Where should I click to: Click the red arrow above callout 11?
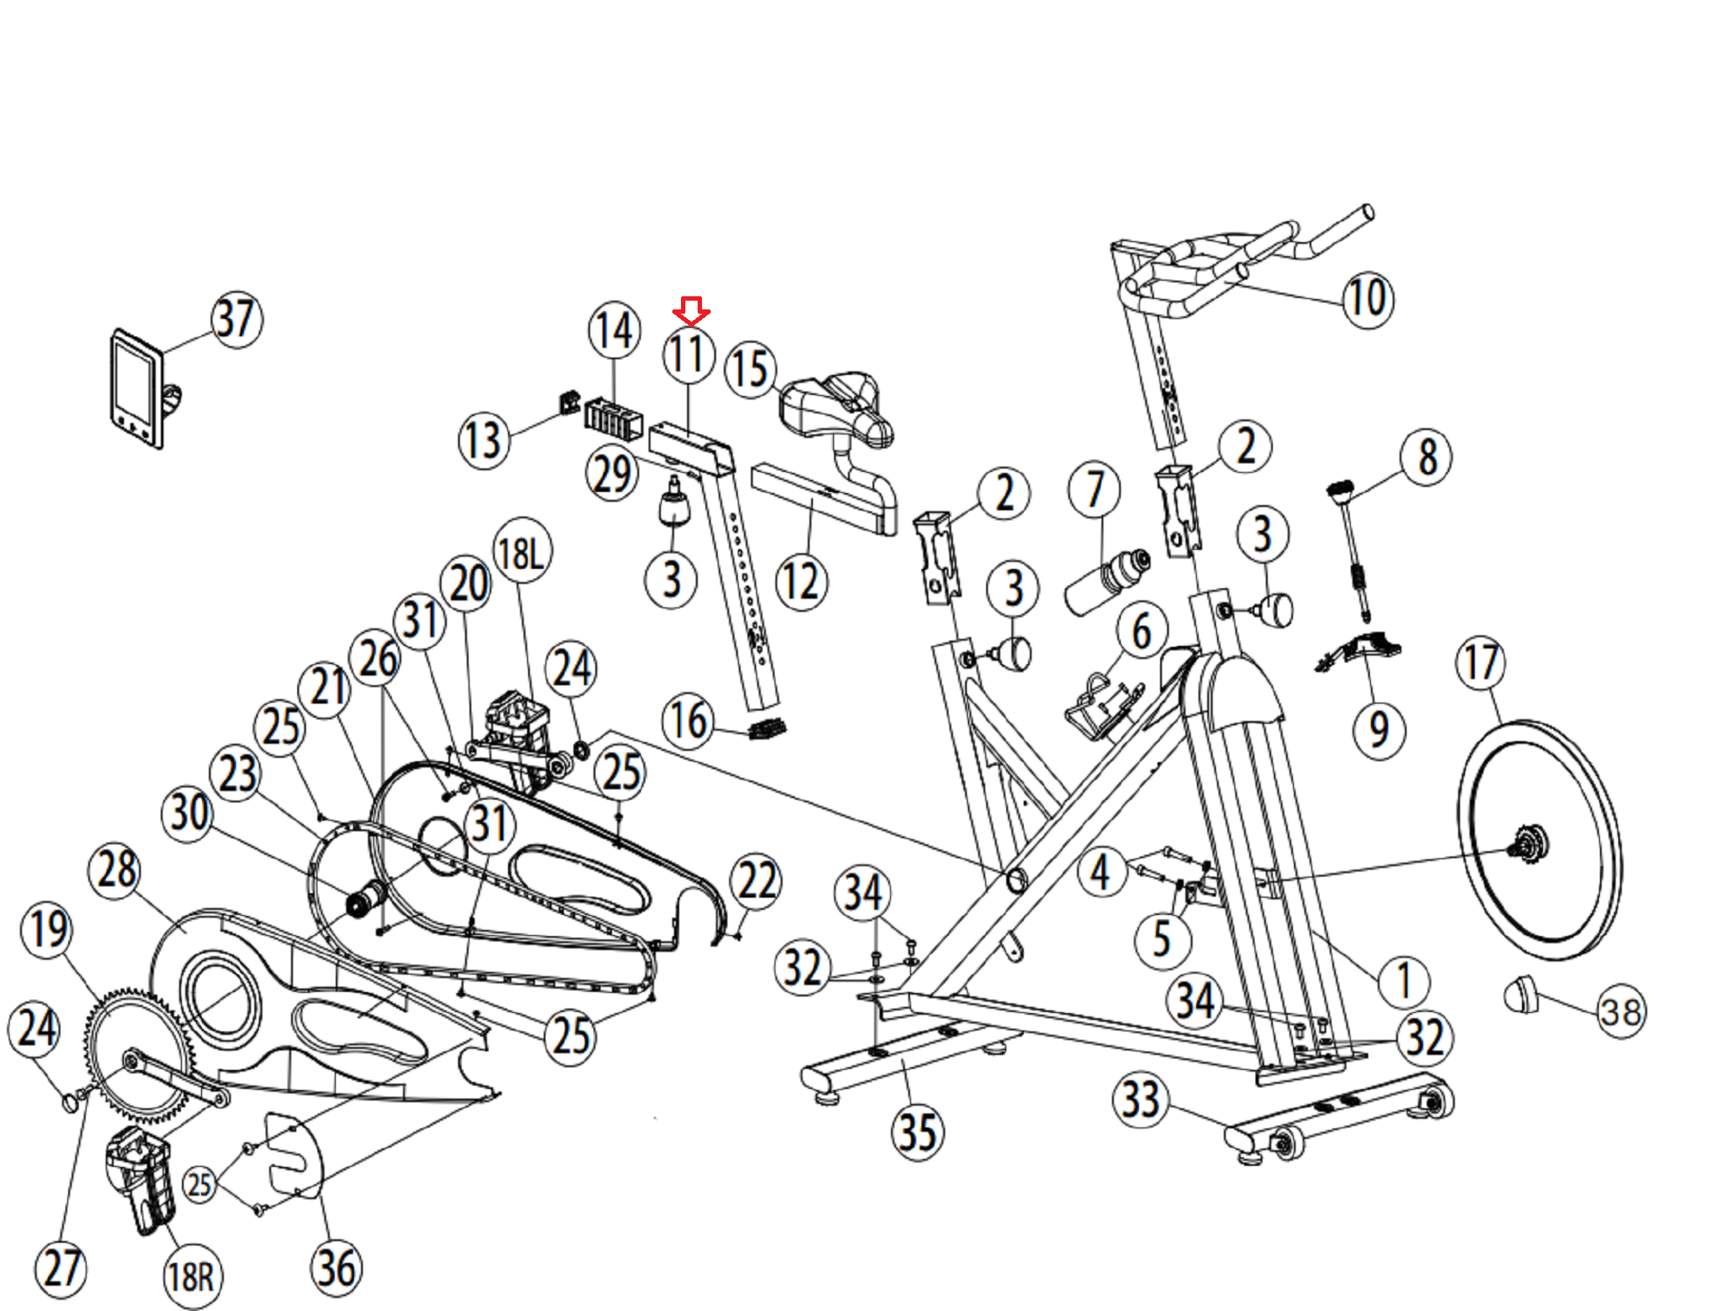coord(691,310)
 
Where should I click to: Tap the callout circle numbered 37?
coord(236,320)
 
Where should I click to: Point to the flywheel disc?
coord(1539,839)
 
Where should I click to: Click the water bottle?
coord(1107,580)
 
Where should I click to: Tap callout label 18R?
coord(192,1277)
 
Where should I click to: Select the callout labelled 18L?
coord(523,552)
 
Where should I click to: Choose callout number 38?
coord(1622,1012)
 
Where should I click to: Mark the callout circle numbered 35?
coord(918,1132)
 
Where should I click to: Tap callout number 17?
coord(1481,662)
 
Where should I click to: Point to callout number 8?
coord(1426,456)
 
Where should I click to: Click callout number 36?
coord(337,1269)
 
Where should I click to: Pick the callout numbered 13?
coord(483,440)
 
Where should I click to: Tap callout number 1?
coord(1404,981)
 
